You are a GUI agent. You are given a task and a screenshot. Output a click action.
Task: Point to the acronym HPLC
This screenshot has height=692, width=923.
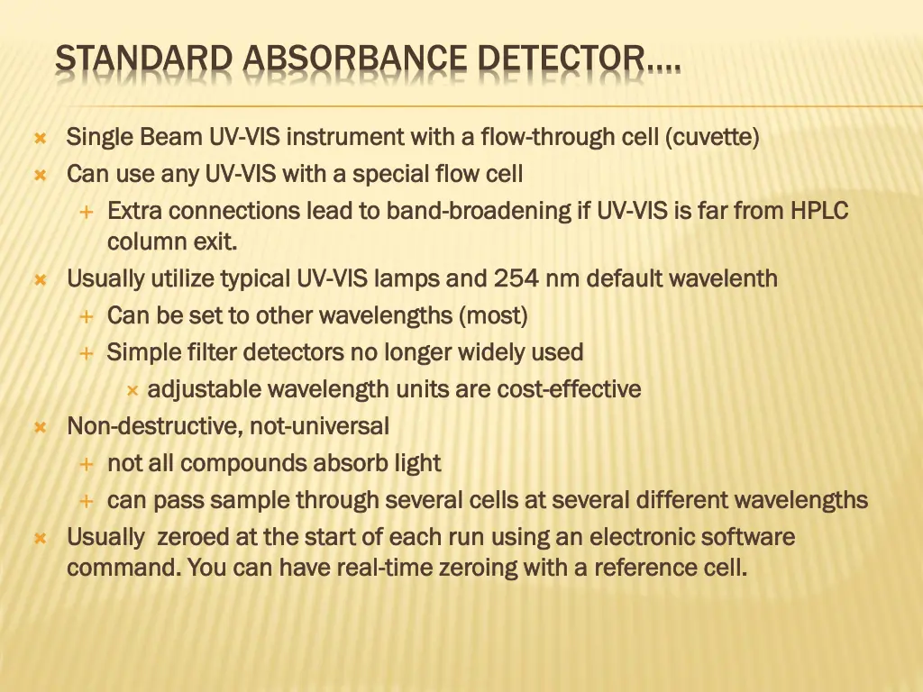point(819,211)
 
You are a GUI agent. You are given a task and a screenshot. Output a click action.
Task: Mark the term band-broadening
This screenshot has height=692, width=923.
point(479,211)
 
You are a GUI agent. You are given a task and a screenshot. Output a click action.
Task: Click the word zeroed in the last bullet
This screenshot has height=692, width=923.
point(193,538)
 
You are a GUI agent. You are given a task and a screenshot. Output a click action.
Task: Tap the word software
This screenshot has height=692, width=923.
point(748,538)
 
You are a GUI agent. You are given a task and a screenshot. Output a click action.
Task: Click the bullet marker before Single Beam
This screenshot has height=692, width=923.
point(41,139)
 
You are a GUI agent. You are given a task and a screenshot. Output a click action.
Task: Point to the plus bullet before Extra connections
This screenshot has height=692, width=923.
point(87,212)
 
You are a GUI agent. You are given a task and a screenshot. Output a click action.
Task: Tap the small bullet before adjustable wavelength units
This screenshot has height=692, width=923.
point(132,390)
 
